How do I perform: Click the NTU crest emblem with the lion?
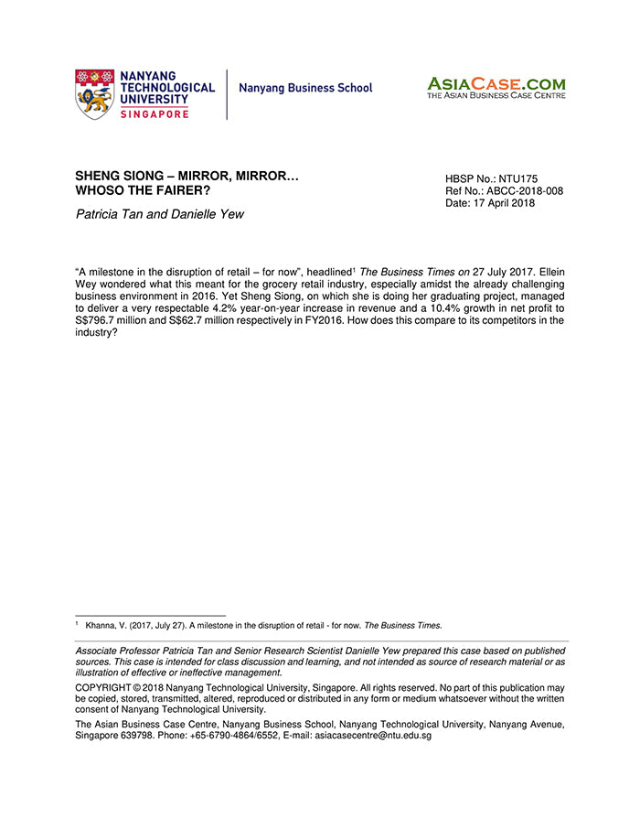(x=94, y=93)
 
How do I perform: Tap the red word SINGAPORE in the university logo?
(x=155, y=113)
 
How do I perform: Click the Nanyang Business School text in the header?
(x=305, y=89)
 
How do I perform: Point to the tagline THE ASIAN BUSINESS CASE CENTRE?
(x=496, y=95)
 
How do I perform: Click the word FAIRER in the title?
(x=186, y=189)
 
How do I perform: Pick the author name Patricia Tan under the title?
(x=106, y=214)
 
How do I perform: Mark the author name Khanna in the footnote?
(x=102, y=626)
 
